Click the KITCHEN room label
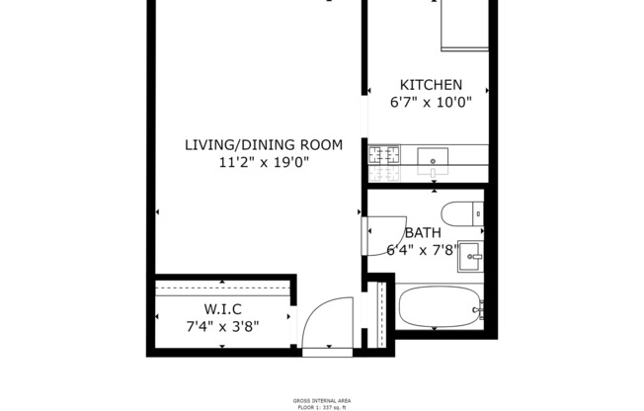click(x=430, y=85)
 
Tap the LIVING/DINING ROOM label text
click(x=264, y=145)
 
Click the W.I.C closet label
click(x=223, y=307)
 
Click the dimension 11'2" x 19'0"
click(x=264, y=163)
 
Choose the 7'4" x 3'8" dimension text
click(x=223, y=325)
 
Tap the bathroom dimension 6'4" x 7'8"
click(x=422, y=250)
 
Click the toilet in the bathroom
click(x=461, y=212)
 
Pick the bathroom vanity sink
click(x=471, y=253)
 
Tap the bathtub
click(x=441, y=308)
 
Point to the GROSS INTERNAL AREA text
click(x=321, y=400)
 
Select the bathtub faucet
click(x=478, y=310)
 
